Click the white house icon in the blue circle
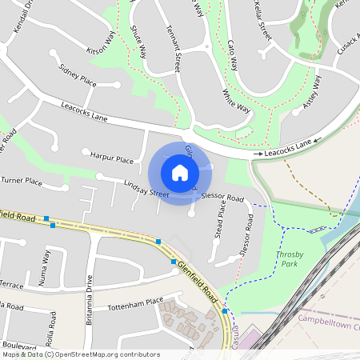pyautogui.click(x=180, y=172)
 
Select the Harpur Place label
pyautogui.click(x=112, y=159)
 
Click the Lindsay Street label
pyautogui.click(x=146, y=189)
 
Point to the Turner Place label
pyautogui.click(x=22, y=182)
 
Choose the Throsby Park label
pyautogui.click(x=290, y=258)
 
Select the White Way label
pyautogui.click(x=236, y=104)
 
